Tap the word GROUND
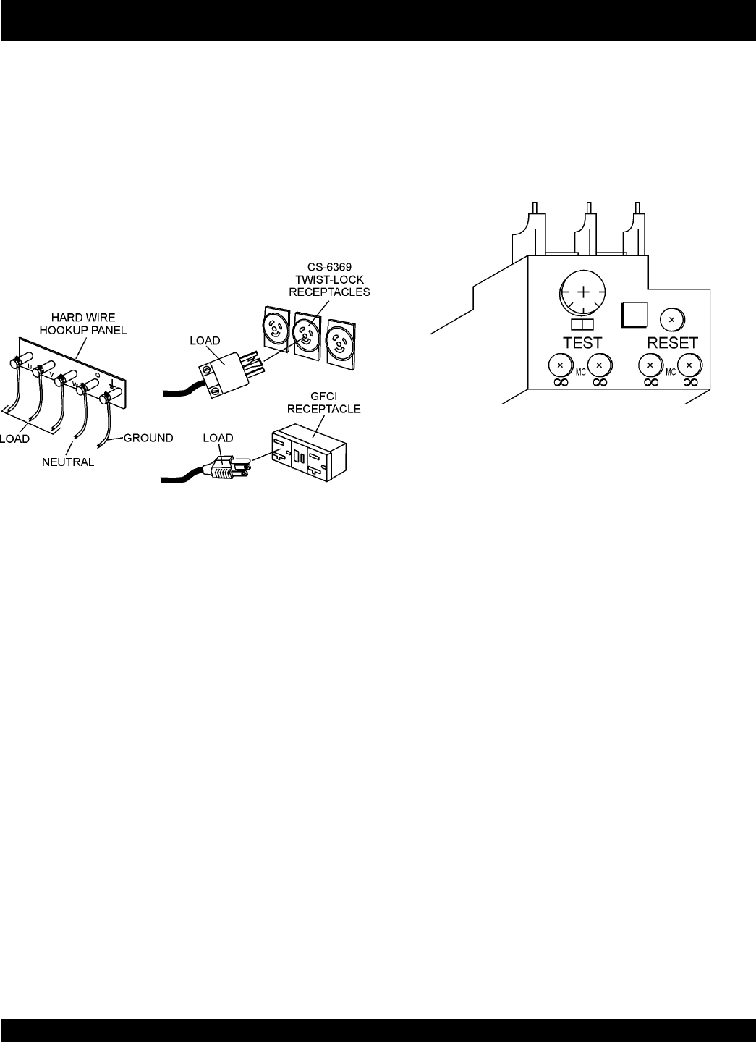coord(148,437)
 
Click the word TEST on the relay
coord(582,342)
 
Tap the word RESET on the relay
coord(672,342)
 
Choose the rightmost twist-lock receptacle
coord(341,339)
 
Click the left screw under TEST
coord(559,363)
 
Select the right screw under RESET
coord(689,364)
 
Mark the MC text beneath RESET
coord(670,373)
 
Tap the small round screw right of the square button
coord(672,318)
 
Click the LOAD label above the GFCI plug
coord(218,438)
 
